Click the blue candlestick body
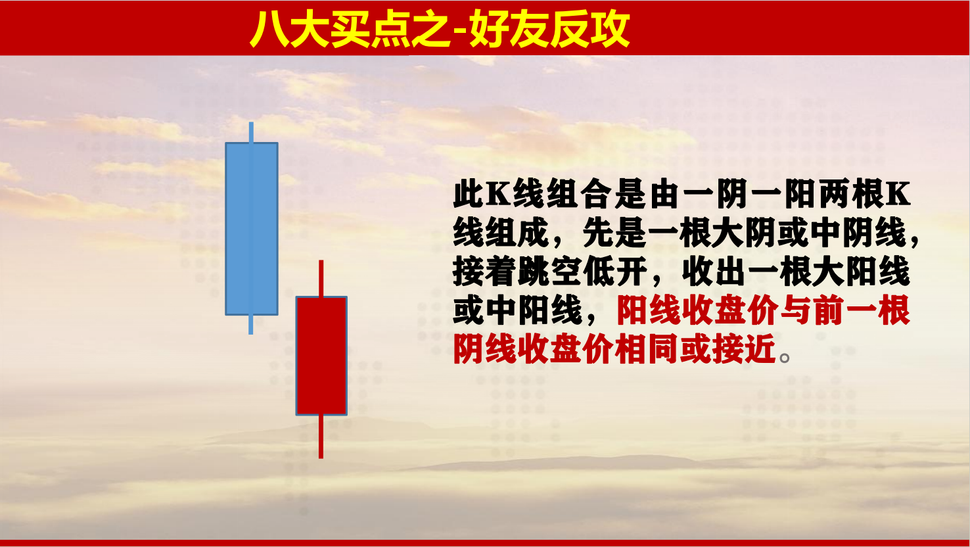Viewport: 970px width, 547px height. tap(252, 229)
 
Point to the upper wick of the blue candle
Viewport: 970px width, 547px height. tap(251, 132)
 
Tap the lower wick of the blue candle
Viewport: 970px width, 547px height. tap(251, 325)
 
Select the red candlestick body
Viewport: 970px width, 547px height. tap(321, 356)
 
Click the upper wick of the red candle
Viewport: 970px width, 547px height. tap(321, 279)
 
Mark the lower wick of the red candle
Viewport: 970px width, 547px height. tap(321, 437)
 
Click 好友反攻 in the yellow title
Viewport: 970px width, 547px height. tap(549, 28)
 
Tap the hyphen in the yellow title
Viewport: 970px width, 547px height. tap(461, 31)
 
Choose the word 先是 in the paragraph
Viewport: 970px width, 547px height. tap(615, 233)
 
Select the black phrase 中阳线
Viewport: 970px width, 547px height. tap(534, 310)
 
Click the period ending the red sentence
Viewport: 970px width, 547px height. tap(784, 358)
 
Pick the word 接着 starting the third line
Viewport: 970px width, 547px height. tap(485, 272)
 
